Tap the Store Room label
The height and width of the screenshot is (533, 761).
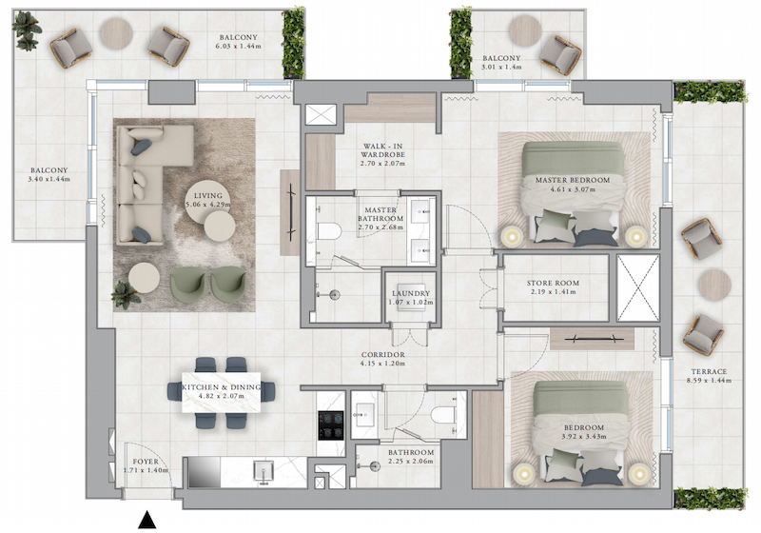[553, 283]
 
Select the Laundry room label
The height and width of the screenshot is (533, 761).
[411, 293]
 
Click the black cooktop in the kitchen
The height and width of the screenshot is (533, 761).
[331, 425]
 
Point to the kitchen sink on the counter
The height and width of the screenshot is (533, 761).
[263, 471]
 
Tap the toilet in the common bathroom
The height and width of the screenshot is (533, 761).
[442, 415]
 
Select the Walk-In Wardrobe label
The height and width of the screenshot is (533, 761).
[383, 150]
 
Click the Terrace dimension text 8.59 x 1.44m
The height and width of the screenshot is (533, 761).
[709, 380]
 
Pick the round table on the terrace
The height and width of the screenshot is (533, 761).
[715, 285]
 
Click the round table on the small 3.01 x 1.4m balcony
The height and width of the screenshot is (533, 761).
[526, 30]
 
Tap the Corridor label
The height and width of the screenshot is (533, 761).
[383, 355]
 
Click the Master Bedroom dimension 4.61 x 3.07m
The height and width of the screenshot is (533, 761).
[573, 188]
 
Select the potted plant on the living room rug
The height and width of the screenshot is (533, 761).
[126, 294]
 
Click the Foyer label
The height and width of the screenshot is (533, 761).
[146, 462]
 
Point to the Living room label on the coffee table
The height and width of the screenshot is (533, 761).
[208, 196]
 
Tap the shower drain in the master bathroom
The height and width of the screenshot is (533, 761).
[334, 294]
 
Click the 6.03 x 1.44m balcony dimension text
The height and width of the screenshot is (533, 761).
[239, 46]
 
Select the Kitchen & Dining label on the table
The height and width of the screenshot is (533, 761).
[222, 387]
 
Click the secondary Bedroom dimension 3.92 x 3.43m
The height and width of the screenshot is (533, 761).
[584, 437]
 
